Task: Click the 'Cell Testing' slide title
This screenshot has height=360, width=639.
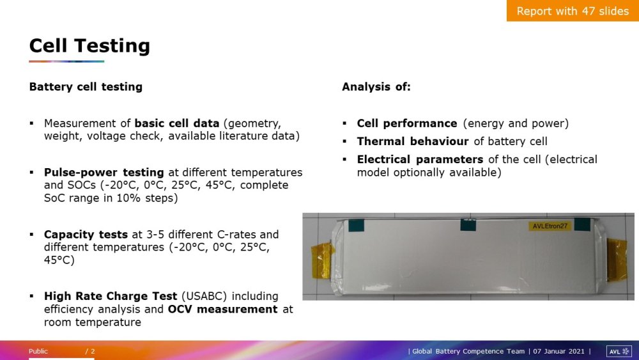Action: point(89,45)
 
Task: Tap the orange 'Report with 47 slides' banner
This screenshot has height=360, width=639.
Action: point(573,11)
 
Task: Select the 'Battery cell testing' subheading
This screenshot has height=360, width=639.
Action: point(86,87)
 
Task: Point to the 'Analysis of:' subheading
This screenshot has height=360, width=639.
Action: point(376,87)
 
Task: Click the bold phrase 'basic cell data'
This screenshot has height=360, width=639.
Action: point(177,123)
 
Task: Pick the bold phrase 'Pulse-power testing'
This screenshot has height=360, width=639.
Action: point(104,173)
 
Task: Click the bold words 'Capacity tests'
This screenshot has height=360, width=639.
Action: point(86,235)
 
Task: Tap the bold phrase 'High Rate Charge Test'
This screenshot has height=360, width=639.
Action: point(111,296)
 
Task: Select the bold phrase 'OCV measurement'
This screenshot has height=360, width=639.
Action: point(222,309)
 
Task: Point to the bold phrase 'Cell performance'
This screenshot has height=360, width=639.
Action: point(407,123)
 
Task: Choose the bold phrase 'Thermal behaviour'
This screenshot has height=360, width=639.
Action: point(413,141)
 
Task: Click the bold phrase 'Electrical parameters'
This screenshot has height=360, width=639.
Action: point(420,159)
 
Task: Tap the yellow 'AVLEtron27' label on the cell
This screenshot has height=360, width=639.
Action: point(550,226)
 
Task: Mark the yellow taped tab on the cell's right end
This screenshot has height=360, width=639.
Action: point(617,260)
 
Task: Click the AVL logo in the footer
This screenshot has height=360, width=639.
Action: point(619,352)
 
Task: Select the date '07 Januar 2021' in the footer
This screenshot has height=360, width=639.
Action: point(558,352)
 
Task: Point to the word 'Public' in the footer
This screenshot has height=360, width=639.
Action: point(38,352)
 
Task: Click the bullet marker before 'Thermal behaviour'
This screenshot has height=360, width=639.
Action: point(345,141)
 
